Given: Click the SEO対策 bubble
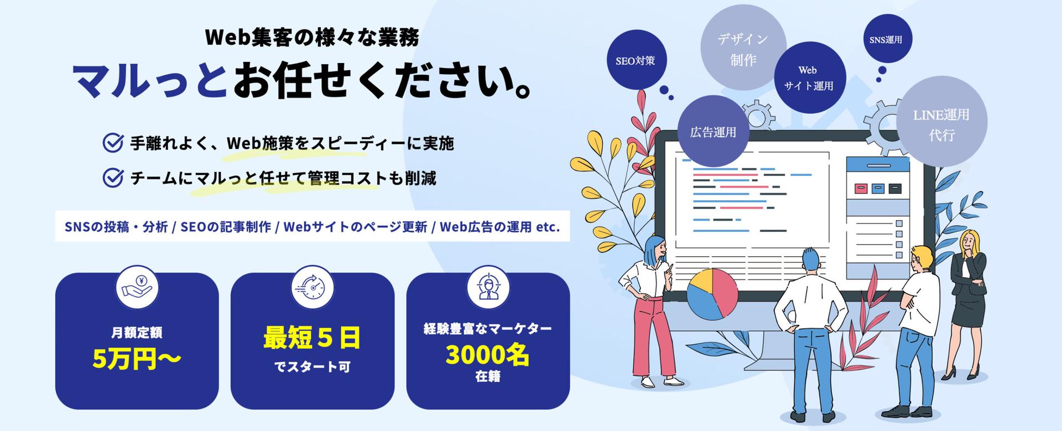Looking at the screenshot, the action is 636,60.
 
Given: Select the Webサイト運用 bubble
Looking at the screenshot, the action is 809,78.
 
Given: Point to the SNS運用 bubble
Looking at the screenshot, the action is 886,39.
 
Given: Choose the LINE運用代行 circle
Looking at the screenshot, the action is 941,122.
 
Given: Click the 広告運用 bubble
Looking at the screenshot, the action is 713,132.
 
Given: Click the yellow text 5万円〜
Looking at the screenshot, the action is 137,359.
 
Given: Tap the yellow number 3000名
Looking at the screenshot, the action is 487,355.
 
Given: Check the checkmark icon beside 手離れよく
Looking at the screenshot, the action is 113,143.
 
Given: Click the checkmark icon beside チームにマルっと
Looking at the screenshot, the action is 113,178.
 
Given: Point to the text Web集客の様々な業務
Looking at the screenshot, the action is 312,38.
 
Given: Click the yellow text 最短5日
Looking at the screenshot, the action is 312,337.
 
